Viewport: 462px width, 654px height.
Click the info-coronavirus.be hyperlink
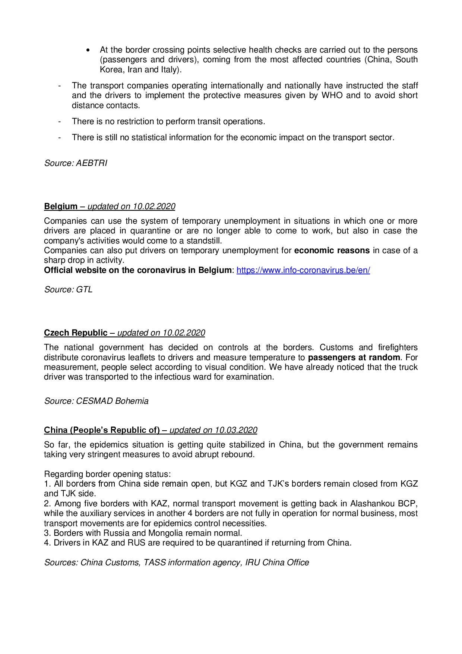pos(303,270)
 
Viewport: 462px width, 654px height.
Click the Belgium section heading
pos(61,207)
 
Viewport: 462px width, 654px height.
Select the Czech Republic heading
pos(76,333)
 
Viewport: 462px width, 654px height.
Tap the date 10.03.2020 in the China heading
pos(235,430)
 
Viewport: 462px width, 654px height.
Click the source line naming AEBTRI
pos(76,163)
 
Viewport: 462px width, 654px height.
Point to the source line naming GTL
pos(68,290)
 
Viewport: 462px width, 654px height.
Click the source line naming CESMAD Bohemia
pos(96,401)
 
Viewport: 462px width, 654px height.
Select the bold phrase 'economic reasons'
pos(332,251)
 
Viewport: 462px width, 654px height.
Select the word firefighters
pos(398,348)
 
